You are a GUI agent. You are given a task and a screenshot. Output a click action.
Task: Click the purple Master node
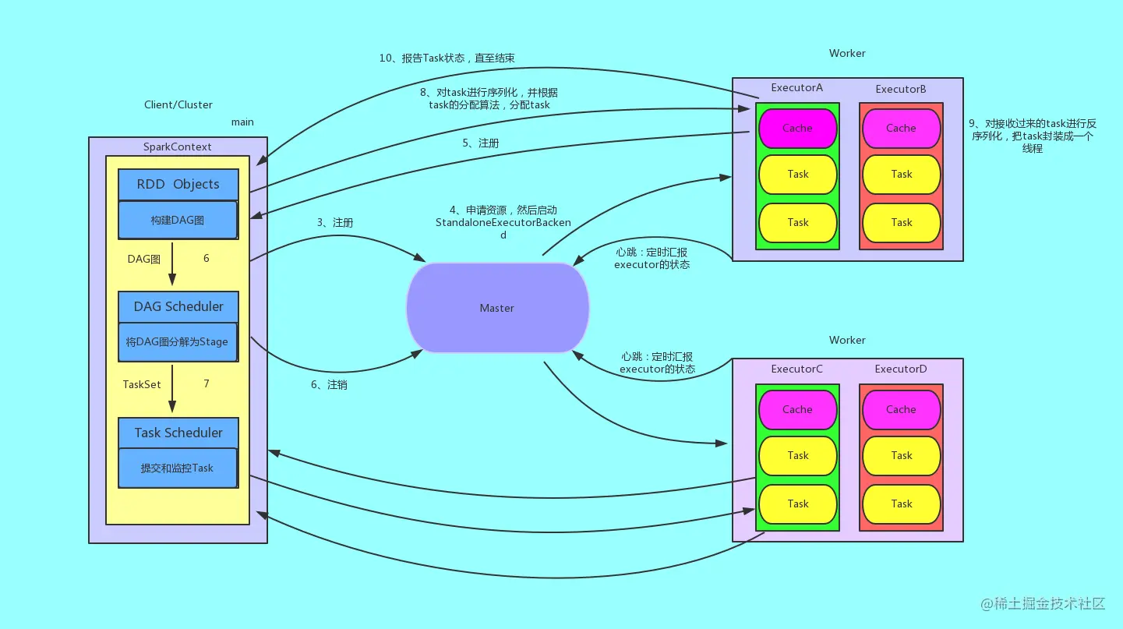(497, 308)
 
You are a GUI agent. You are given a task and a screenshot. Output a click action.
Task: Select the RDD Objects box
(178, 185)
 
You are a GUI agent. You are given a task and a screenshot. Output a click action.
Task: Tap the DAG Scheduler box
(178, 307)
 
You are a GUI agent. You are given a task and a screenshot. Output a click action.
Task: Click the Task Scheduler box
(178, 433)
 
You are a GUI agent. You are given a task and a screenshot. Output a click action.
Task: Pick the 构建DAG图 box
(178, 221)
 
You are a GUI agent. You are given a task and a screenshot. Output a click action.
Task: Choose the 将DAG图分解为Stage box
(178, 342)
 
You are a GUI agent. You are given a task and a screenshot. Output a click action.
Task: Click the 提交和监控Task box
(178, 468)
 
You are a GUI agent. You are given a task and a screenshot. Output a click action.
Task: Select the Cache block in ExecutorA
(797, 129)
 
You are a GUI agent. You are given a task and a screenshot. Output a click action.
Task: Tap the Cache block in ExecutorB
(901, 129)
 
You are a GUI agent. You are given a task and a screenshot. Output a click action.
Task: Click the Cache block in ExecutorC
(797, 410)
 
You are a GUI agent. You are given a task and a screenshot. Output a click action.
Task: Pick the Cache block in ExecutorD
(901, 410)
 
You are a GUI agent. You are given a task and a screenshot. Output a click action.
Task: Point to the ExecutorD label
(901, 369)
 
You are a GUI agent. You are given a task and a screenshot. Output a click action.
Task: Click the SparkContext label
(177, 147)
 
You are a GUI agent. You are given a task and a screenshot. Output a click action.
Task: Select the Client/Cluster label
(178, 105)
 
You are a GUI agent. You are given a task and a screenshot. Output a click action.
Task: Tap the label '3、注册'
(334, 223)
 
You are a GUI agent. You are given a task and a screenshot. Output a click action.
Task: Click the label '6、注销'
(329, 385)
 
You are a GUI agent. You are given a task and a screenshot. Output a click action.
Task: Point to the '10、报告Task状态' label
(447, 58)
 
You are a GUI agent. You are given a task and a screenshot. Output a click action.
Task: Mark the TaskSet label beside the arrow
(142, 384)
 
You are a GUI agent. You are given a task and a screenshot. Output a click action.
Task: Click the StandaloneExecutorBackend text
(503, 223)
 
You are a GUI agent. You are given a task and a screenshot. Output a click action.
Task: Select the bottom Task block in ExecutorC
(797, 504)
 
